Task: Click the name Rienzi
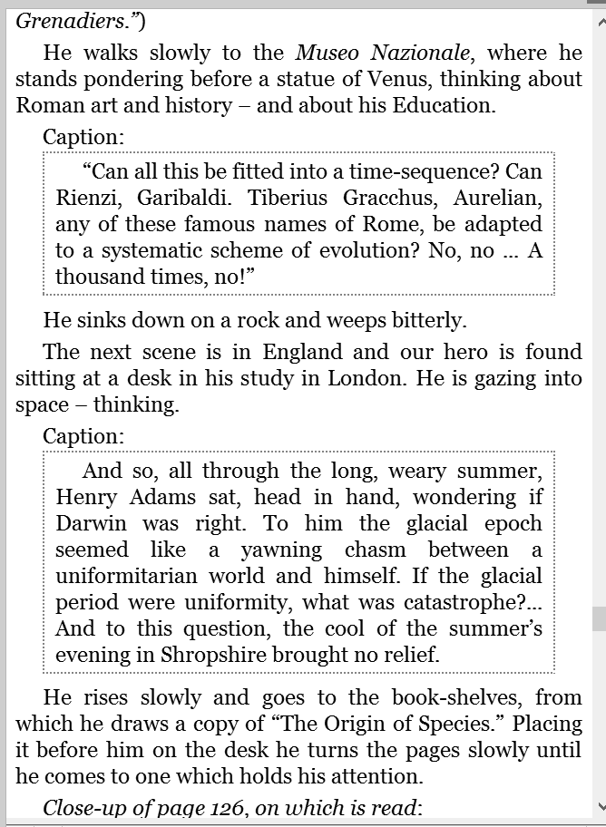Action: pyautogui.click(x=88, y=199)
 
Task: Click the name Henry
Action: pyautogui.click(x=87, y=498)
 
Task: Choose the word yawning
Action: pyautogui.click(x=281, y=550)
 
